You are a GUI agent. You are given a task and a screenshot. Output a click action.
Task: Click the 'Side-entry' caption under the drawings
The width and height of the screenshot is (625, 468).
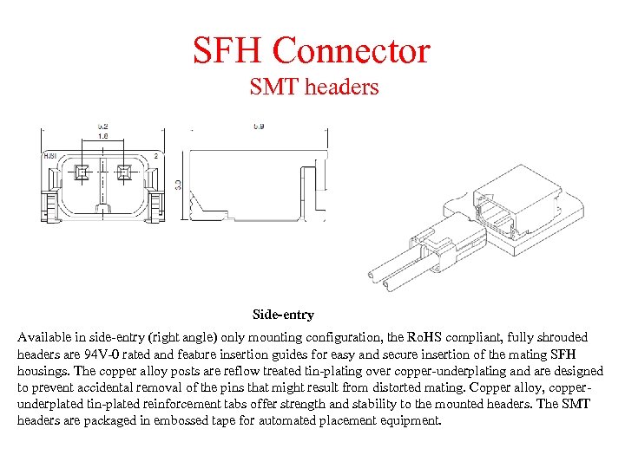click(x=283, y=315)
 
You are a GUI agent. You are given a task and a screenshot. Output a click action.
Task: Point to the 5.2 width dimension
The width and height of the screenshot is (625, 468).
click(x=102, y=127)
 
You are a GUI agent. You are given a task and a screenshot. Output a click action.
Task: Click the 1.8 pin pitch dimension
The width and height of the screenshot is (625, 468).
click(x=102, y=136)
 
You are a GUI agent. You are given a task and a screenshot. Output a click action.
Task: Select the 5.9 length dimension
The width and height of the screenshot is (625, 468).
click(x=258, y=127)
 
